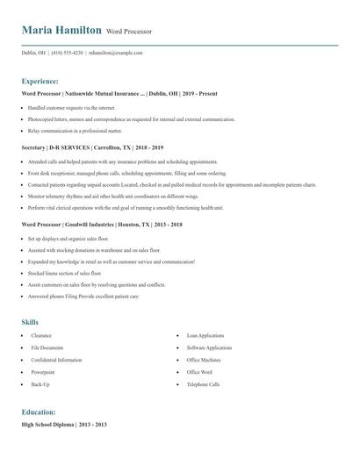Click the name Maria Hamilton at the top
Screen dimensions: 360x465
point(61,30)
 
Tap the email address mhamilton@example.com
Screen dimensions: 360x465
point(115,53)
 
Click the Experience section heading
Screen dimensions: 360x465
point(47,81)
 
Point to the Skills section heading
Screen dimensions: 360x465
point(30,322)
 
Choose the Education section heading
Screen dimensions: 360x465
point(40,411)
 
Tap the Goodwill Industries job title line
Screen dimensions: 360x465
point(102,225)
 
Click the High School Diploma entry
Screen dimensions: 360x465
point(63,425)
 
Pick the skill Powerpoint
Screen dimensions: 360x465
point(45,372)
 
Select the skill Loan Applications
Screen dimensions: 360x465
point(205,335)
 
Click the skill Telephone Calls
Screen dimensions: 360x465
point(203,384)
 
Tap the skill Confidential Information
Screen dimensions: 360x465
point(56,360)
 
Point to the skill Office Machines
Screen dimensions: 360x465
point(204,360)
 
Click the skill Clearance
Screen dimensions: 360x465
point(41,335)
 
